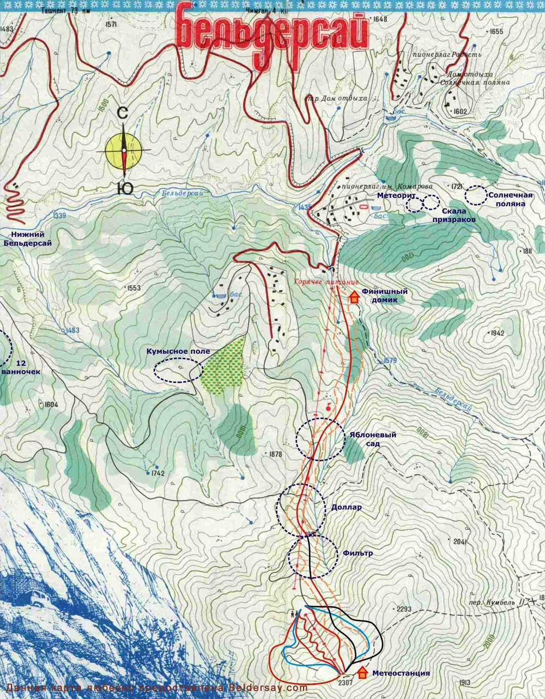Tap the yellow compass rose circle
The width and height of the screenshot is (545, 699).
pos(124,151)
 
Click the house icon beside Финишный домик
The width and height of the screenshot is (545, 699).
pos(354,297)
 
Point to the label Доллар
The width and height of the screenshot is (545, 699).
pos(346,507)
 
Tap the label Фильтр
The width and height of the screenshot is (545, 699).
pos(358,553)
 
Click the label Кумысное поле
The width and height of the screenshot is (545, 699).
pos(178,352)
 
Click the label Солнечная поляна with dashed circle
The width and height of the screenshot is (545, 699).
pos(510,199)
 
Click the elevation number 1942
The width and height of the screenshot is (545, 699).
pos(497,333)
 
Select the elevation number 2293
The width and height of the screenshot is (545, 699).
pos(403,609)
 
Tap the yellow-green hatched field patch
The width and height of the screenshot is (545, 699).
pos(223,365)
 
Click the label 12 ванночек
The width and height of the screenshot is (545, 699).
pos(22,367)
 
